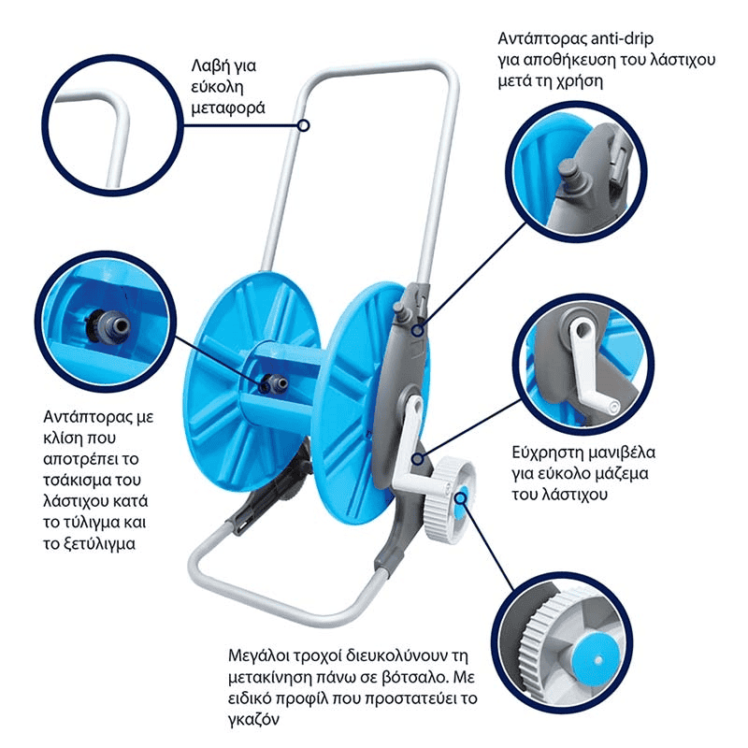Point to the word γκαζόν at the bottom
[x=253, y=720]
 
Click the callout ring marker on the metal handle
[x=303, y=125]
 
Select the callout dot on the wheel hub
[x=461, y=498]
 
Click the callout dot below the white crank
[x=418, y=459]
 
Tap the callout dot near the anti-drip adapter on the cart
[x=418, y=330]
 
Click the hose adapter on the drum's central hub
[x=273, y=383]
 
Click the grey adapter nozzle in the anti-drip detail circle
[x=570, y=175]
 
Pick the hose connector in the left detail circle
[x=108, y=324]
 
